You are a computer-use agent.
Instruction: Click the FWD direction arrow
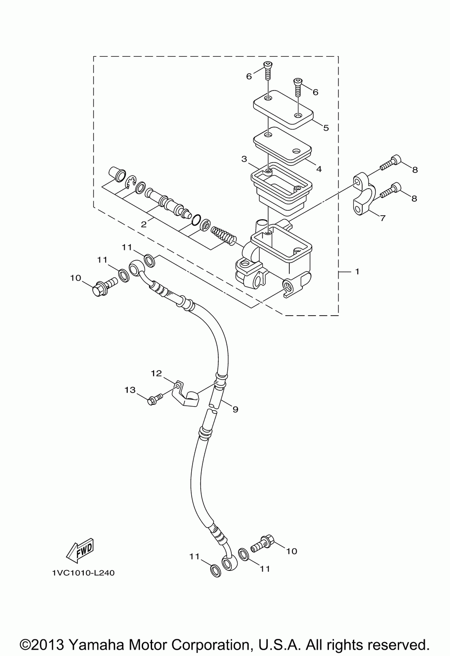click(80, 551)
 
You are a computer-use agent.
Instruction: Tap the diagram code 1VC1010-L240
click(83, 573)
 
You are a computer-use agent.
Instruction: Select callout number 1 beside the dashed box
click(357, 272)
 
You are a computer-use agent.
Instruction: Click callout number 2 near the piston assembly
click(144, 225)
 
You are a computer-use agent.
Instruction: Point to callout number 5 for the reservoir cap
click(326, 128)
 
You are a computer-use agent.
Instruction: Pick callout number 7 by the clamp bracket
click(382, 218)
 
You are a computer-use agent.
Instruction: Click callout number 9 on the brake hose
click(235, 409)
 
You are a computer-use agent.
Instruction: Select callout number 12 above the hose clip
click(156, 373)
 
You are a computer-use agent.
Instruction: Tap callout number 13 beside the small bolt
click(130, 390)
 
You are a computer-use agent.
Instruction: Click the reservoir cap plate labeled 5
click(283, 109)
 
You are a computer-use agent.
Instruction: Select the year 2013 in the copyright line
click(48, 643)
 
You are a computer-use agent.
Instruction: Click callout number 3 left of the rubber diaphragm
click(244, 159)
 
